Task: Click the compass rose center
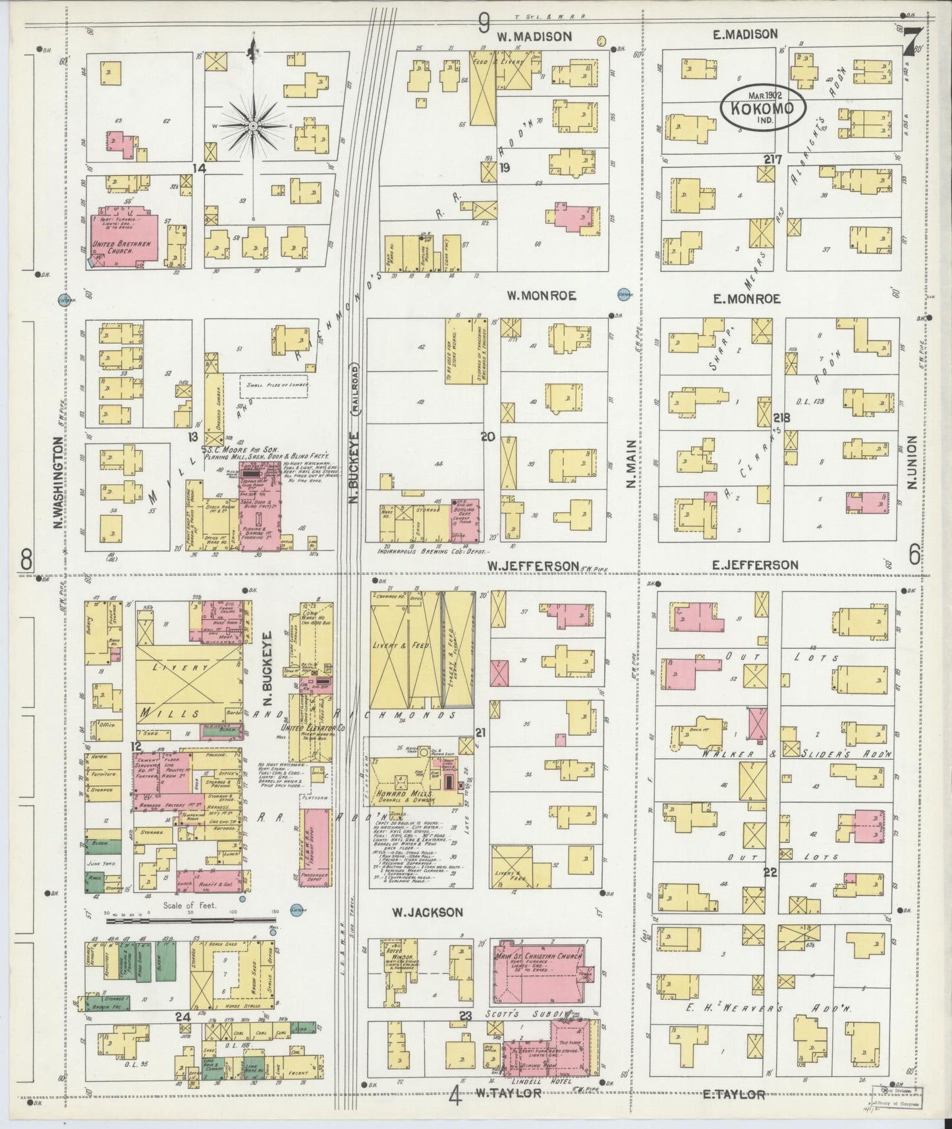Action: pos(254,125)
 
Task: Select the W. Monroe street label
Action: pos(542,296)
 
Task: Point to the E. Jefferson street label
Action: pos(755,564)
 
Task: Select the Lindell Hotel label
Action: pos(534,1081)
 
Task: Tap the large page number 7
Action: pos(912,43)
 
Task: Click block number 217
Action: pos(773,159)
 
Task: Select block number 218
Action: pos(781,418)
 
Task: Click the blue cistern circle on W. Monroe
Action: pos(623,292)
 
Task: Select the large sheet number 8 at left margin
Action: pos(26,560)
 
